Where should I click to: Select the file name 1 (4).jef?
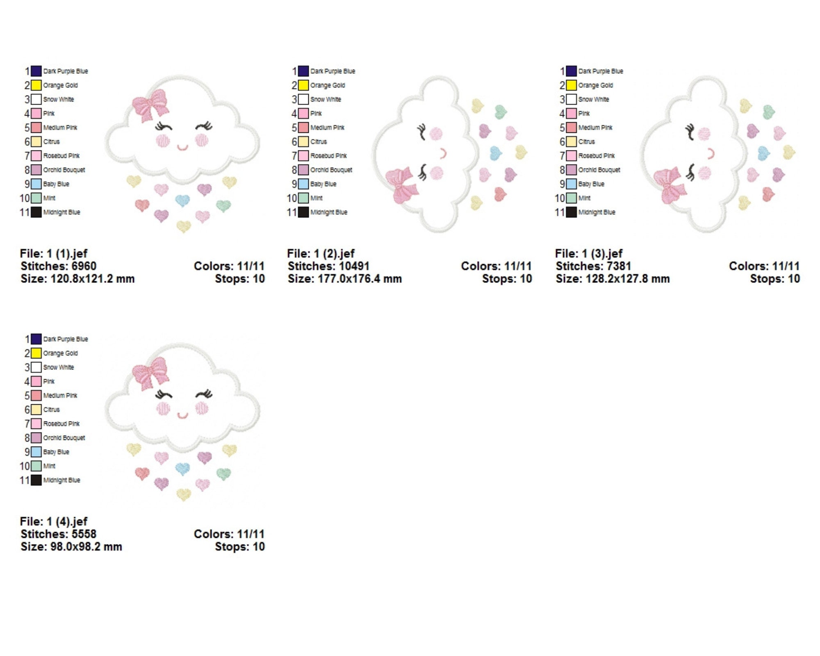coord(67,522)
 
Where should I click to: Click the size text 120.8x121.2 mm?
coord(92,279)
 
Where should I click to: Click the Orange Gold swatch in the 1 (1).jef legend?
coord(36,85)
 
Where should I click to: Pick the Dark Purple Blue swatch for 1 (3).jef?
coord(571,71)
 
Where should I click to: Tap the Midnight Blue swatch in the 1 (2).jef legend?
coord(303,212)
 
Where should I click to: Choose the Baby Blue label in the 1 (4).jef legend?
coord(56,452)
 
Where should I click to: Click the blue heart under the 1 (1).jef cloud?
coord(182,200)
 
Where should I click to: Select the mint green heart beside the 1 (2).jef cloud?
coord(501,112)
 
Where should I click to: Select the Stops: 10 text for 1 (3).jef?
coord(775,279)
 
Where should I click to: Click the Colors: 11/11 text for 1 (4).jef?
coord(229,534)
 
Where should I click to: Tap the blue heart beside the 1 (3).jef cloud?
coord(763,153)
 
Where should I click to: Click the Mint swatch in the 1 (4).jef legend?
coord(36,466)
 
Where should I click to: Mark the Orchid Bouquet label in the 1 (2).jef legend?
coord(331,170)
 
